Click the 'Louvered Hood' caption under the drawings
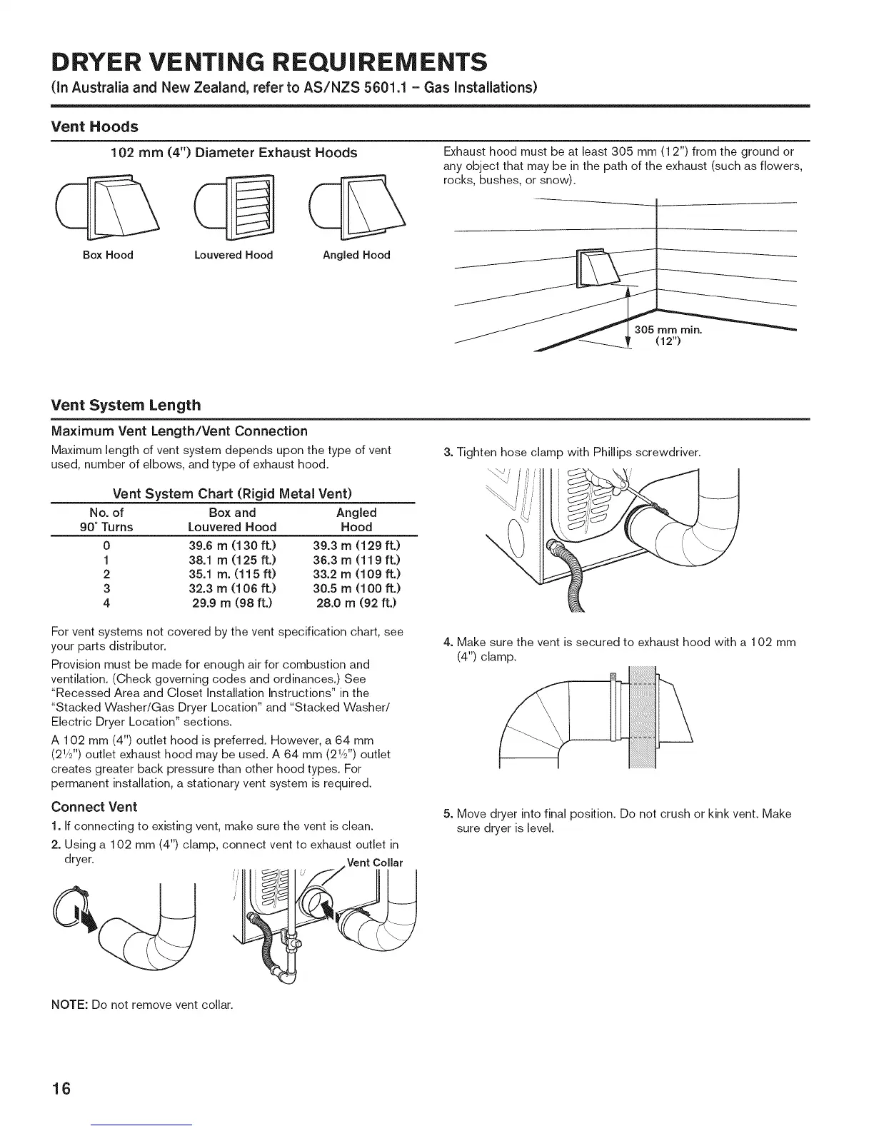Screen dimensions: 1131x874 (233, 255)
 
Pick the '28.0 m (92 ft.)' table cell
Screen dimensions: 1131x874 (356, 603)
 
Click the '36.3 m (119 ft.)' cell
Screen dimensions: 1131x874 (356, 559)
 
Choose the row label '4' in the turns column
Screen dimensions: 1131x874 (106, 603)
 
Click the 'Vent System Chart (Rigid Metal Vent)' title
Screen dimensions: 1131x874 (233, 494)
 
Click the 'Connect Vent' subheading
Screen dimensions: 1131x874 (94, 807)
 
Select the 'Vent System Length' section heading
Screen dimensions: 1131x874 (126, 405)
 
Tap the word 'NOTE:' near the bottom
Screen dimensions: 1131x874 (69, 1005)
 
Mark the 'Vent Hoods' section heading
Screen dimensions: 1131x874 (94, 126)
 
